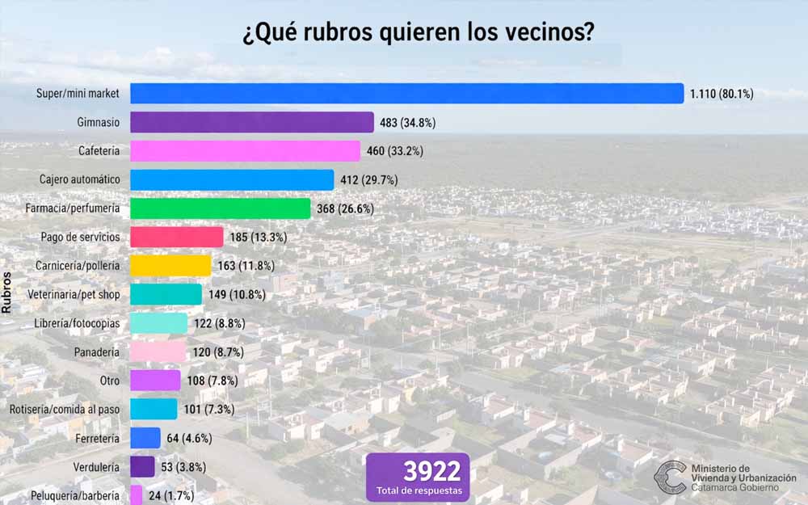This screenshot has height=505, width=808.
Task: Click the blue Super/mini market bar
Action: pos(406,94)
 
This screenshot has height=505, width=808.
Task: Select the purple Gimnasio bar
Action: pos(251,123)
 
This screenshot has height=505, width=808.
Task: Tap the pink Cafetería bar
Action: pos(245,151)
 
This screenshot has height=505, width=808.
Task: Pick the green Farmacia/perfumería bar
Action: pos(220,208)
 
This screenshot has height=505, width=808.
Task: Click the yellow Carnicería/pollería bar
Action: pos(170,266)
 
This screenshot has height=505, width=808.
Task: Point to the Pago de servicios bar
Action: pos(176,237)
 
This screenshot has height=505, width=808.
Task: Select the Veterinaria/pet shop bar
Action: pos(166,294)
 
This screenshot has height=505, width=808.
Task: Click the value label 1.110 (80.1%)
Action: pos(722,94)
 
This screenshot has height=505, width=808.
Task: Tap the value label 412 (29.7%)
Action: pos(368,179)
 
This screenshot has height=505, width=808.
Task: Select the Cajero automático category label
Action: pos(79,179)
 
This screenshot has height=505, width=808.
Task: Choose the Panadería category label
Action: pos(96,352)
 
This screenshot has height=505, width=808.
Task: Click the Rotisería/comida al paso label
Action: pos(65,410)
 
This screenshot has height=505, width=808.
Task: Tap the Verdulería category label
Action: pos(95,467)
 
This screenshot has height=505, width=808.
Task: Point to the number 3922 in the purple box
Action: pos(417,472)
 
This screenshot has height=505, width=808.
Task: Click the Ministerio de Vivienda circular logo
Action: pos(670,478)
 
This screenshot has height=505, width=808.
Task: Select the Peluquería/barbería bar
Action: pos(136,495)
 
